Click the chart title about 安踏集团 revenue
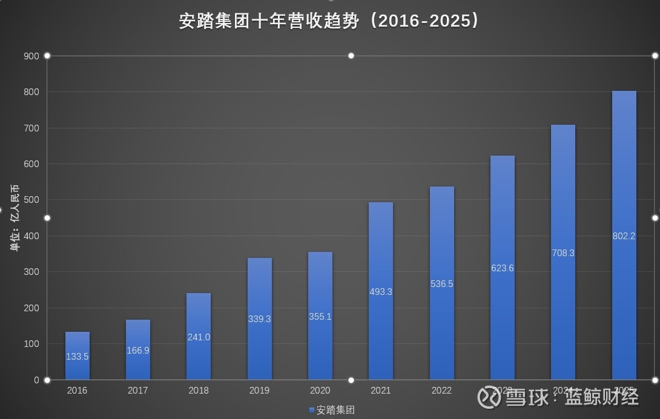(x=329, y=21)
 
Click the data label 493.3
(x=381, y=292)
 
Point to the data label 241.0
(x=199, y=337)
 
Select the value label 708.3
(x=563, y=253)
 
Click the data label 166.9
(x=138, y=351)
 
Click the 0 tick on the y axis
(x=36, y=380)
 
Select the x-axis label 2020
(x=320, y=391)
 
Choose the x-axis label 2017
(x=138, y=391)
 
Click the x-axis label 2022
(x=441, y=391)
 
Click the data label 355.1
(x=320, y=317)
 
